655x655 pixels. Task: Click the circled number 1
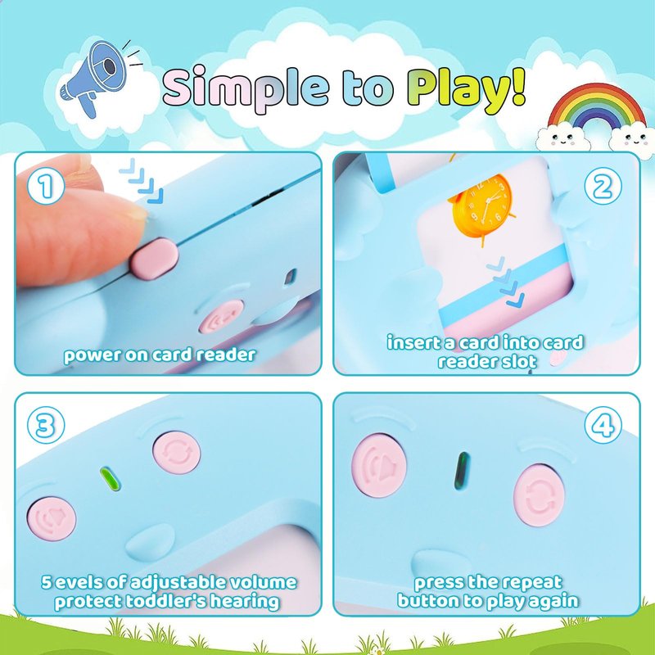tap(46, 186)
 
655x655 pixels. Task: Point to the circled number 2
tap(603, 186)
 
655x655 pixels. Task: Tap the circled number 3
tap(46, 425)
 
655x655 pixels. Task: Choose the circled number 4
tap(603, 425)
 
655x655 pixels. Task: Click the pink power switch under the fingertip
tap(154, 259)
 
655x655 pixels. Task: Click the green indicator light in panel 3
tap(111, 479)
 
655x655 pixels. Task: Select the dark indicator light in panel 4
tap(462, 472)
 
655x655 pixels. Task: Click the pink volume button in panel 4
tap(379, 465)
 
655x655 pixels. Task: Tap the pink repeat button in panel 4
tap(539, 495)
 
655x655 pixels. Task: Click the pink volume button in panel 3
tap(52, 518)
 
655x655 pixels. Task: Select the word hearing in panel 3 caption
tap(244, 602)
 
